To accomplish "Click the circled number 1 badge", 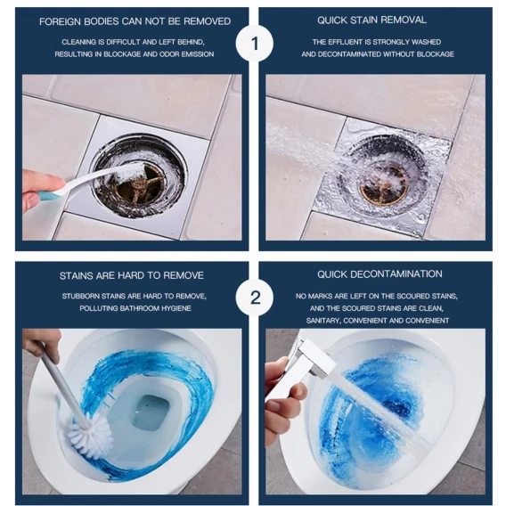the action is pyautogui.click(x=254, y=44).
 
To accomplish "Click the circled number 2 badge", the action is pyautogui.click(x=254, y=298).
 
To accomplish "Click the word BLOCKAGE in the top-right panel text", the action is pyautogui.click(x=436, y=53).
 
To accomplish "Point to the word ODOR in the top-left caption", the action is pyautogui.click(x=169, y=53).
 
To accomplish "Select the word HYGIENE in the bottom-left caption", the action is pyautogui.click(x=176, y=308).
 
